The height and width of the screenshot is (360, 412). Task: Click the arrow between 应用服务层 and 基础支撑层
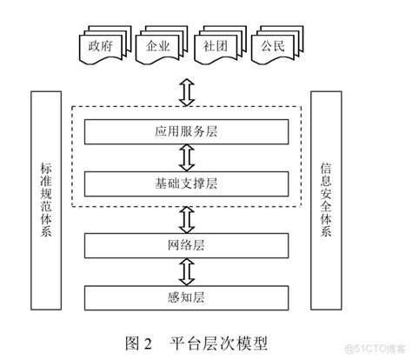(185, 157)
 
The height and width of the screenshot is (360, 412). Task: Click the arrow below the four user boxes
(185, 90)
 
